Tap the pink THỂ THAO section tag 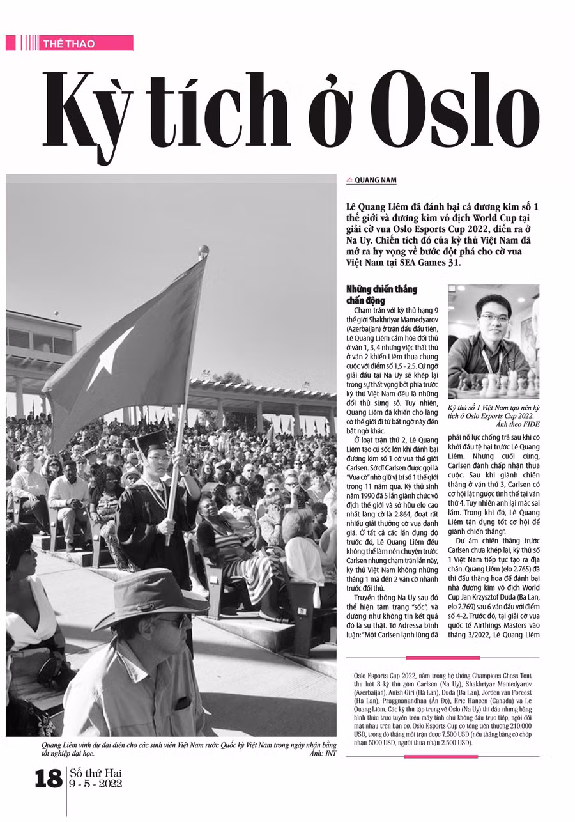69,43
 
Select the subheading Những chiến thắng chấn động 381,295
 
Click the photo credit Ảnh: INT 323,754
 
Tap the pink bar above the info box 443,658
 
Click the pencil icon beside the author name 349,180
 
